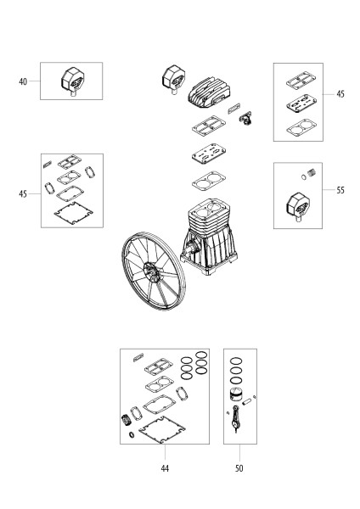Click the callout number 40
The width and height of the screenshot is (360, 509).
(23, 81)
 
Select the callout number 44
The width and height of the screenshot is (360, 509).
(165, 468)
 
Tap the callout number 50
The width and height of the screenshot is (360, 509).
(239, 468)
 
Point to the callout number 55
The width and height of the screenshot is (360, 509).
(340, 190)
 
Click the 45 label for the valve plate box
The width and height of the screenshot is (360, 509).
(340, 94)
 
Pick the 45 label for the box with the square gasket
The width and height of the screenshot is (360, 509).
(23, 194)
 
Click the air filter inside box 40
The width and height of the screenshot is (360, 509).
(73, 81)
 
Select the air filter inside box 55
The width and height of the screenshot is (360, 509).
(298, 207)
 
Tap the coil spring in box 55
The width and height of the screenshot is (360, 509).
(312, 172)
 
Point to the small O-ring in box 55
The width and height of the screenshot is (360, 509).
(303, 177)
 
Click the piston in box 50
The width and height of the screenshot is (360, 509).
(236, 394)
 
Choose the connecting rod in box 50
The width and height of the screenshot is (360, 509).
(235, 419)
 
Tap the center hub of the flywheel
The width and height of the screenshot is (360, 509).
(151, 271)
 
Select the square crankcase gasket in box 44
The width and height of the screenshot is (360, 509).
(162, 429)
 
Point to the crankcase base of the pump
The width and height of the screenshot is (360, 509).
(210, 250)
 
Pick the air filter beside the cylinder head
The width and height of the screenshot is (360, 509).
(173, 80)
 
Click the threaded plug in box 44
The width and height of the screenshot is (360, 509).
(126, 421)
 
